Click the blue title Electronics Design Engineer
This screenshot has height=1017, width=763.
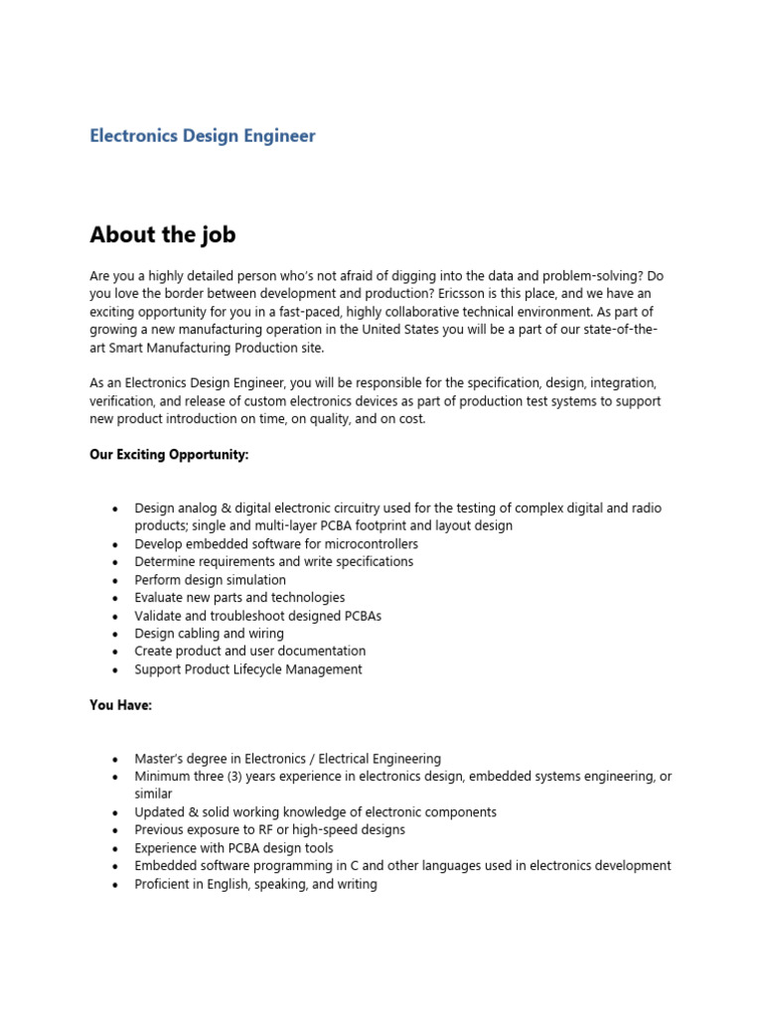tap(203, 136)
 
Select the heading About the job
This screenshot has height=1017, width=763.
tap(163, 234)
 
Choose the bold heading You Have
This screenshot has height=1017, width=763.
tap(120, 705)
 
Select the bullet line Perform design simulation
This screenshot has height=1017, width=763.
tap(210, 580)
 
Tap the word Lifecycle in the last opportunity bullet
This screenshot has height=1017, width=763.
tap(264, 669)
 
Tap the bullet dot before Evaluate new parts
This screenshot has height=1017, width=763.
tap(116, 598)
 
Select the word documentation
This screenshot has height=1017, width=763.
tap(317, 652)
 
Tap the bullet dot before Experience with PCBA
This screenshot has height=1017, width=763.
tap(116, 848)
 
